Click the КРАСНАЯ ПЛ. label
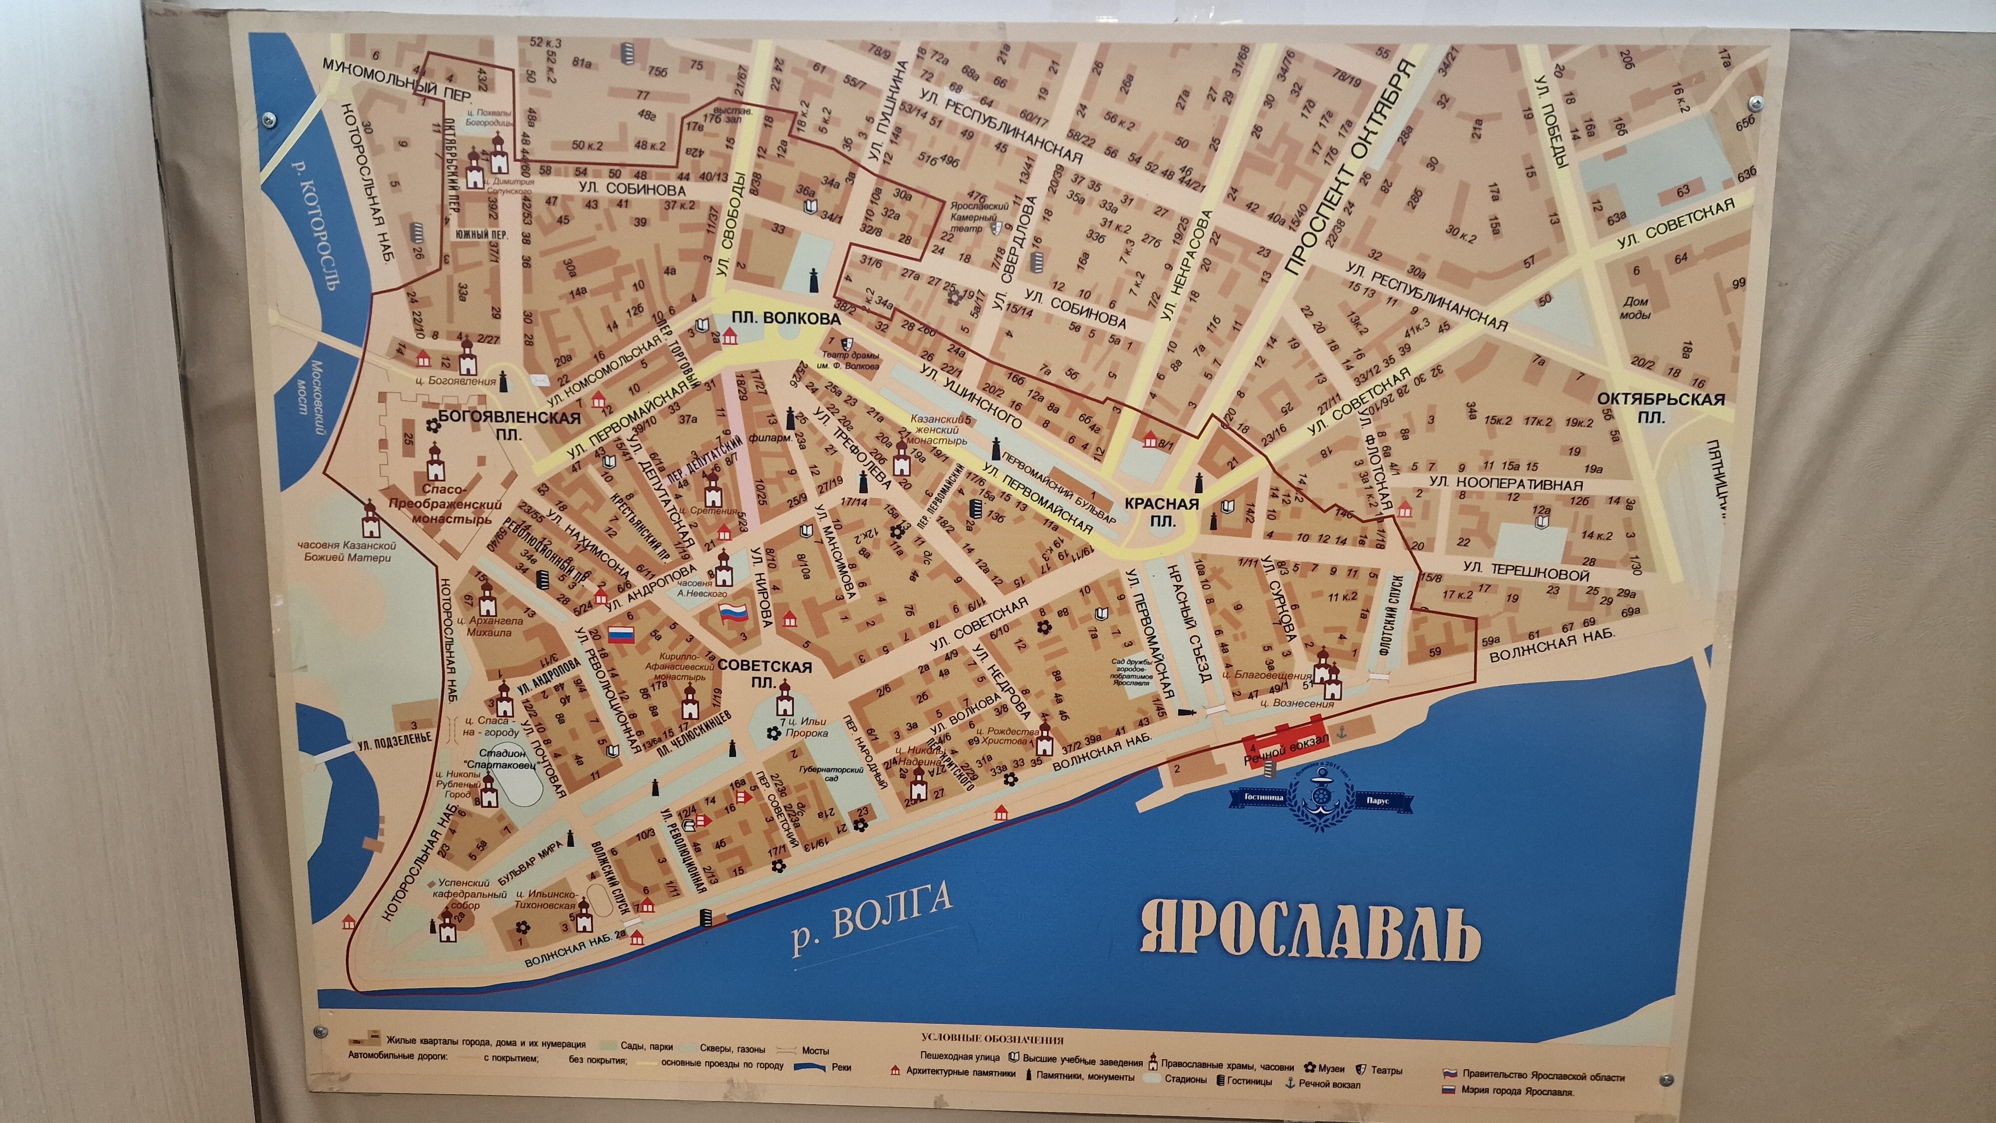pos(1161,513)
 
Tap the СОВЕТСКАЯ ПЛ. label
pos(764,674)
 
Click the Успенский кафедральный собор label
pos(464,894)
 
